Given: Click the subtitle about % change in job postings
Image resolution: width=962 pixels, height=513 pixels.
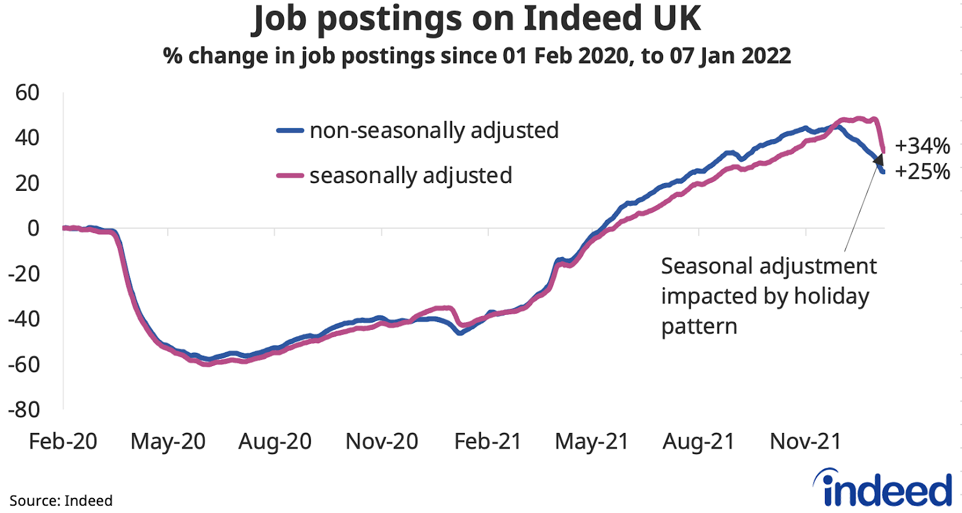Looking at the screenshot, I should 476,56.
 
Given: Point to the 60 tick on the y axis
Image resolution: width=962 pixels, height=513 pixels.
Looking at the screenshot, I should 27,93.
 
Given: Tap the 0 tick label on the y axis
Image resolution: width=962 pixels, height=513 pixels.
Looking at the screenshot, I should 34,228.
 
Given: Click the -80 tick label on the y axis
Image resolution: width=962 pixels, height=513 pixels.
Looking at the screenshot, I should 23,409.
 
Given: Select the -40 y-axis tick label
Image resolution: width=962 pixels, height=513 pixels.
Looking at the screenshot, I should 23,319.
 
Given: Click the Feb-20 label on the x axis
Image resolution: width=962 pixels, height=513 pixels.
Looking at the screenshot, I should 63,441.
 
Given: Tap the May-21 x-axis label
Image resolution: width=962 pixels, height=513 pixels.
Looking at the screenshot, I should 592,441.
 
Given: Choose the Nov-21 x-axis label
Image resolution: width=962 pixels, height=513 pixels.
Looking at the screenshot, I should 805,441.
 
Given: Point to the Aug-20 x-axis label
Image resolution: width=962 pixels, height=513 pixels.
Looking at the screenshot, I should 275,441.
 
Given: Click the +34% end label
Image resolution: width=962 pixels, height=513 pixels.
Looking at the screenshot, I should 922,146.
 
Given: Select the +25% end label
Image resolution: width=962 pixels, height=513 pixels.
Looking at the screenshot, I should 922,172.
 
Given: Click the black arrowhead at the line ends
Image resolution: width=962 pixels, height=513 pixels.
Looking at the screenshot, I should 878,160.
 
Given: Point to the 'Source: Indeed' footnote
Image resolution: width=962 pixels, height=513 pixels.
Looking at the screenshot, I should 61,501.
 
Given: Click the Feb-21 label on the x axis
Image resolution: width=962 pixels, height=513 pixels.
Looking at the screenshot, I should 488,441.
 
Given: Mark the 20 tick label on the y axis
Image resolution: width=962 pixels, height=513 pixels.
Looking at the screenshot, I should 27,183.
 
